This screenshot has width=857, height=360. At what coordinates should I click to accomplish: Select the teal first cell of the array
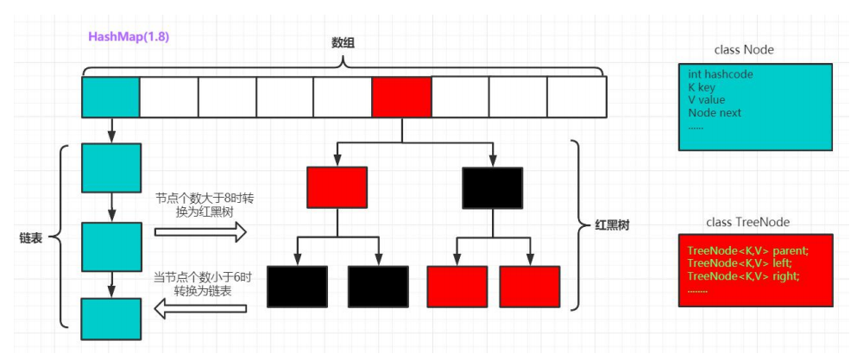[110, 97]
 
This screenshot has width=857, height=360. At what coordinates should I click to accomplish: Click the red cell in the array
[401, 97]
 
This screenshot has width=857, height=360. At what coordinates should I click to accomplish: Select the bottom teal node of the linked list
[110, 319]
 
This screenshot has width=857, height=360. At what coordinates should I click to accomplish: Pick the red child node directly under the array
[337, 186]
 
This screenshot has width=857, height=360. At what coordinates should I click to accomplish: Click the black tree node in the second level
[492, 186]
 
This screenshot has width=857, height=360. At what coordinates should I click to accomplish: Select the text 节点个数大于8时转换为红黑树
[204, 205]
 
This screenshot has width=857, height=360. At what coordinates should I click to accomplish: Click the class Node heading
[744, 49]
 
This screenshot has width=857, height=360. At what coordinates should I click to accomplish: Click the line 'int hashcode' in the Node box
[721, 74]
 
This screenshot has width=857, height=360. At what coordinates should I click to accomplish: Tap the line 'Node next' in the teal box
[715, 112]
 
